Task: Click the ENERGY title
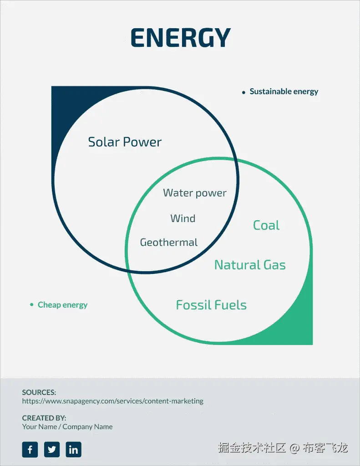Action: pos(180,38)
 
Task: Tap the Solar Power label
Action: pos(125,142)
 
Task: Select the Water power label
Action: pos(194,193)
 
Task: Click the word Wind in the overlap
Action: pos(183,218)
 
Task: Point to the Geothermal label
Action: pos(168,243)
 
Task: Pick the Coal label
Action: pos(266,225)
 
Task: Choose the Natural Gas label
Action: pos(250,265)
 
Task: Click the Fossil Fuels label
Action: pos(211,305)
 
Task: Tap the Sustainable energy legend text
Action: pos(284,91)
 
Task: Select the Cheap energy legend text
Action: pos(62,305)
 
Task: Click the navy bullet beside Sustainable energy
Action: pos(243,92)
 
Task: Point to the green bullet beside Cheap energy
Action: pos(31,304)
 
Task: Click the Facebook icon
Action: pos(30,450)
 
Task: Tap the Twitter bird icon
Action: pos(52,450)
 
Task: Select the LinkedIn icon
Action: pos(73,450)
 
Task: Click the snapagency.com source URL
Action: pos(112,401)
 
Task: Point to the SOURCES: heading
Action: pos(39,392)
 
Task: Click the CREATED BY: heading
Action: pos(44,418)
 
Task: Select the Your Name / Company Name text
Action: pos(67,427)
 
